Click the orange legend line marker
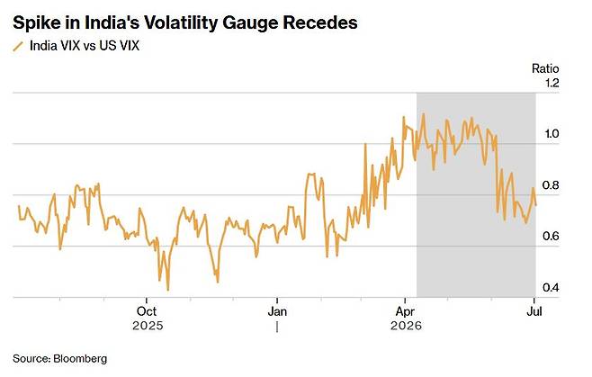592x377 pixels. (x=18, y=46)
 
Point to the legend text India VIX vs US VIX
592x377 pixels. (x=85, y=46)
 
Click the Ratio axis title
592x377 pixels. (x=545, y=68)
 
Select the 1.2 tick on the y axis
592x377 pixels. (x=552, y=83)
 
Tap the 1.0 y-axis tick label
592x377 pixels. (x=551, y=133)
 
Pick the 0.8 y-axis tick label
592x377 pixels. (x=551, y=185)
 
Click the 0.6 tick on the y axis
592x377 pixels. (x=551, y=236)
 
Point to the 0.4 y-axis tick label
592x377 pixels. (x=551, y=287)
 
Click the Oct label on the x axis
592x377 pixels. (x=147, y=311)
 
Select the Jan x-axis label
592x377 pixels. (x=277, y=311)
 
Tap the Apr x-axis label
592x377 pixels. (x=405, y=312)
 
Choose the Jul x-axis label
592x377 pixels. (x=534, y=311)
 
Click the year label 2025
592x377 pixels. (x=148, y=326)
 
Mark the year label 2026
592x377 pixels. (x=406, y=326)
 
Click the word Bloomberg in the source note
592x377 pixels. (x=80, y=358)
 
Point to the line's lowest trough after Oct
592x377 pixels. (x=168, y=290)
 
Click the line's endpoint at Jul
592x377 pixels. (x=535, y=205)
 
